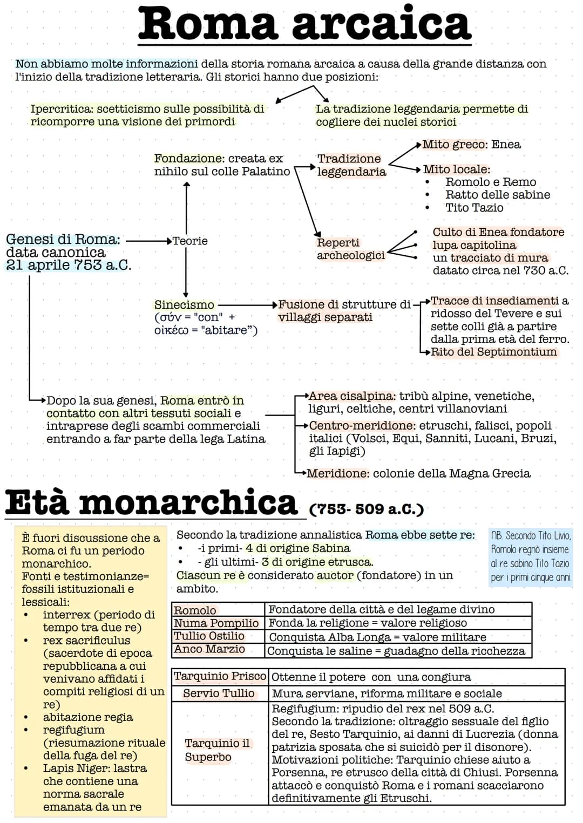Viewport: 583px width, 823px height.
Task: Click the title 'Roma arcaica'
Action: [304, 24]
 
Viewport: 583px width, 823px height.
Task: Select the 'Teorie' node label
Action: [190, 241]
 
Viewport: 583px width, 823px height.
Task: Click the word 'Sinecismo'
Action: [184, 305]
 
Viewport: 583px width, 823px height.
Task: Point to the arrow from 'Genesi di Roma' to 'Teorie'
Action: [148, 241]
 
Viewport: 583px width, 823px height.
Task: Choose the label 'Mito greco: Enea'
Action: [471, 145]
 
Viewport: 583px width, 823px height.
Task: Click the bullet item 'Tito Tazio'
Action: [474, 208]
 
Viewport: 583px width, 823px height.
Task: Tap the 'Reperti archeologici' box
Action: [350, 249]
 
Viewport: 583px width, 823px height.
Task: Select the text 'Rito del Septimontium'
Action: [493, 352]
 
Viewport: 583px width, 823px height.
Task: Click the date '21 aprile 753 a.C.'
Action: [69, 265]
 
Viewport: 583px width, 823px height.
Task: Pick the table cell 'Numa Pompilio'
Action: [216, 623]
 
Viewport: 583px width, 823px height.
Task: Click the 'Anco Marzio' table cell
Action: [209, 649]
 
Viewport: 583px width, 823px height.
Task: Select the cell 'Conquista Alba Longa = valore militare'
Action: [377, 637]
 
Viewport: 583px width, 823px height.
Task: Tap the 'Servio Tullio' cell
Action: [219, 693]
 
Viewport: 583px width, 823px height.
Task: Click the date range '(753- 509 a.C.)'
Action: [367, 509]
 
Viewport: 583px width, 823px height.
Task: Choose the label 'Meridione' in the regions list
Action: [338, 473]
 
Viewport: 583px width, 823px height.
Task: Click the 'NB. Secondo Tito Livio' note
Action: [531, 556]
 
